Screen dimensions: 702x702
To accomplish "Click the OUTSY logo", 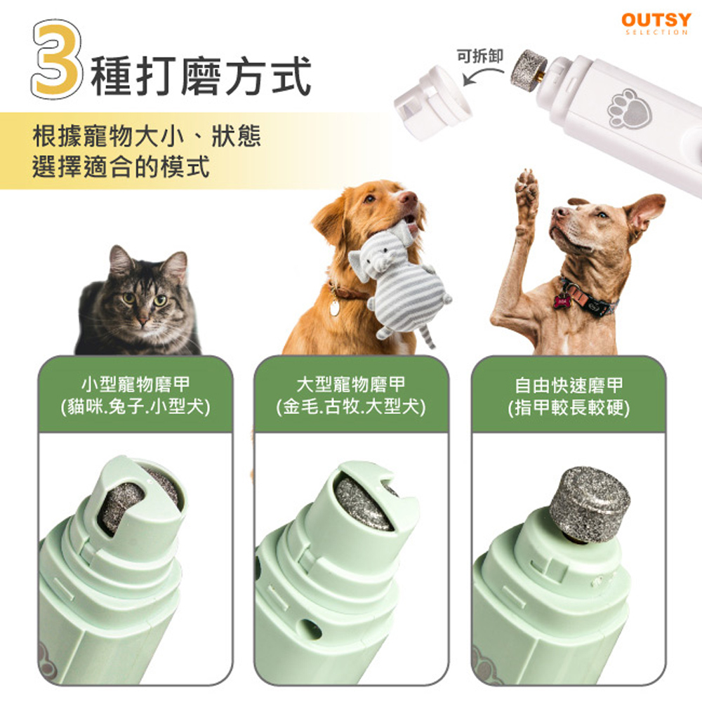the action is point(656,23).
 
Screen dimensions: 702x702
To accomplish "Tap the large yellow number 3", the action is point(57,59).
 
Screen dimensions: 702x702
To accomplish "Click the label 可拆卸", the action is point(480,56).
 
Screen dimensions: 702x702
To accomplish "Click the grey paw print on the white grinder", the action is point(628,110).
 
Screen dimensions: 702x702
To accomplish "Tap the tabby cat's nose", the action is point(143,321).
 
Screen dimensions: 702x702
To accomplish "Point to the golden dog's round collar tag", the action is point(334,307).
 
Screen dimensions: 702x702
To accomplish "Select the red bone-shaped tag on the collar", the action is point(562,300).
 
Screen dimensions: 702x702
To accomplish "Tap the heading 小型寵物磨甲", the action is point(135,384).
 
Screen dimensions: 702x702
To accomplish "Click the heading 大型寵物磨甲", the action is point(351,384).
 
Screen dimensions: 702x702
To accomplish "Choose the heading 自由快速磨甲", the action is point(569,385).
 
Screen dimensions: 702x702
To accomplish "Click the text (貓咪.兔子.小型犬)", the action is point(135,407).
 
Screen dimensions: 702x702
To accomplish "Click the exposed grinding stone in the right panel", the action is point(589,504).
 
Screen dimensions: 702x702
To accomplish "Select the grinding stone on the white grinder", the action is point(529,70).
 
